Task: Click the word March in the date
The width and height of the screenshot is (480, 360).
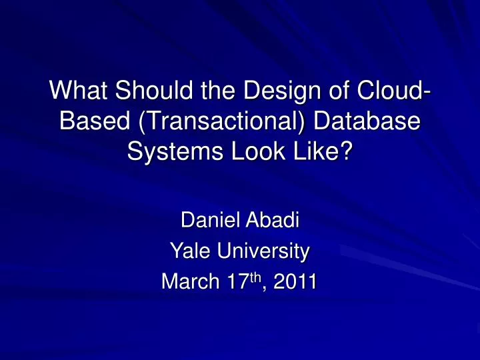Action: (186, 283)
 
